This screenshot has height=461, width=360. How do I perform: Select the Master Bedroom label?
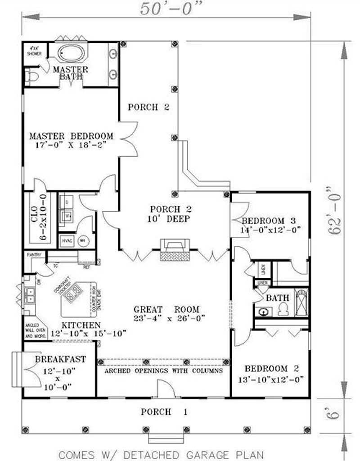pyautogui.click(x=71, y=136)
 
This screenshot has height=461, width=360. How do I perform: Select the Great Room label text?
pyautogui.click(x=166, y=309)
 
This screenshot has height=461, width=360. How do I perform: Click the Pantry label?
pyautogui.click(x=33, y=255)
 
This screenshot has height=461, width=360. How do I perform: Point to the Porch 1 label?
pyautogui.click(x=164, y=411)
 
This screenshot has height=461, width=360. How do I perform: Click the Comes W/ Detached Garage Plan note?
pyautogui.click(x=161, y=454)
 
